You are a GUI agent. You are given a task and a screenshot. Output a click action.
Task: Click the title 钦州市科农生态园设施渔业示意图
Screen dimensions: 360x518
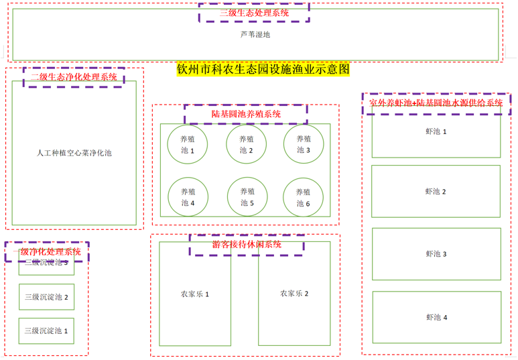(263, 69)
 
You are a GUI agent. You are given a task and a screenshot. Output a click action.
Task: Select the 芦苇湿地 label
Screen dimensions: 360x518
(255, 34)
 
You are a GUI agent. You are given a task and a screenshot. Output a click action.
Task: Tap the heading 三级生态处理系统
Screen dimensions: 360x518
(255, 13)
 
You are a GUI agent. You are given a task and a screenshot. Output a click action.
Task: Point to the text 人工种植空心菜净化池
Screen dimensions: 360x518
(74, 153)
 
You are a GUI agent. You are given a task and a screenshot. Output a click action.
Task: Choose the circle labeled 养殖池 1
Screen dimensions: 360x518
(188, 145)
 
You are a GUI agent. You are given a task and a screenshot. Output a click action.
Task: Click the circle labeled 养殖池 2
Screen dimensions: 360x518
(246, 145)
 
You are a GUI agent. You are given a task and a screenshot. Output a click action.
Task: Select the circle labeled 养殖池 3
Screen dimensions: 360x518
(304, 145)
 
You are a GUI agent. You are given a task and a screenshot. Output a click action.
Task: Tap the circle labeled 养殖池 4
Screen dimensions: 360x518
(188, 197)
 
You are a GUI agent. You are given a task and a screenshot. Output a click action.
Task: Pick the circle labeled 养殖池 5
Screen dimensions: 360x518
(247, 197)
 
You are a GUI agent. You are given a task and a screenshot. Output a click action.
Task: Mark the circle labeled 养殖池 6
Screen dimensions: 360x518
(304, 197)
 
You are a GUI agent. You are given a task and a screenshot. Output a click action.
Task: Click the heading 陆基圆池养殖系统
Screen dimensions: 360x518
(246, 114)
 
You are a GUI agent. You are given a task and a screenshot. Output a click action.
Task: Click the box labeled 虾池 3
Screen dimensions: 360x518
(436, 254)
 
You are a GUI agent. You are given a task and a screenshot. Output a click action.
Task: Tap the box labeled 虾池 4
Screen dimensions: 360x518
(436, 317)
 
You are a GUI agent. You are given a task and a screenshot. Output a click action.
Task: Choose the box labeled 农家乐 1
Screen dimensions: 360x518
(195, 294)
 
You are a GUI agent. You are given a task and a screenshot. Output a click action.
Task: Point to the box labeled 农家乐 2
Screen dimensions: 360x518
(294, 294)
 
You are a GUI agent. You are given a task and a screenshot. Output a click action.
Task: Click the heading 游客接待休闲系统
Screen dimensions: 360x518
(247, 245)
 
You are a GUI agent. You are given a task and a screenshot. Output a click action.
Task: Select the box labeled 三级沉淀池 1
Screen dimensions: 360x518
(46, 331)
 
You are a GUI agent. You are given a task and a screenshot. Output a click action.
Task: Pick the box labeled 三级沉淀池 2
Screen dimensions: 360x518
(46, 296)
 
